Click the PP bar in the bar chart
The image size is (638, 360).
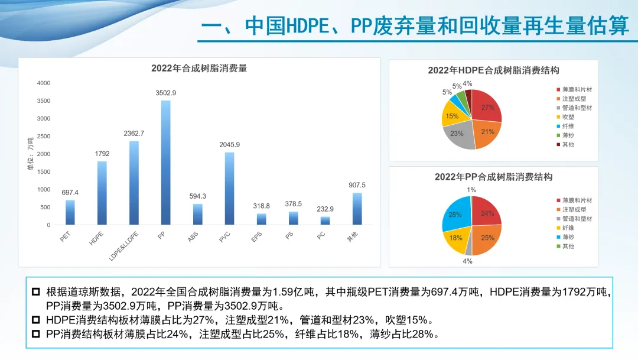166,163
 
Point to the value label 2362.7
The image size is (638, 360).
134,134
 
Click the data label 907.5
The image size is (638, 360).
357,185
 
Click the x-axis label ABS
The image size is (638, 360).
193,237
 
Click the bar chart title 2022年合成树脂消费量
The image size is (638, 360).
199,68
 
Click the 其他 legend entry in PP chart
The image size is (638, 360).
568,246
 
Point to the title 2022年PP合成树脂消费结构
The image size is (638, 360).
493,177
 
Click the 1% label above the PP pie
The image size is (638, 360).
471,190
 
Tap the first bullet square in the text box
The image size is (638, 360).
37,291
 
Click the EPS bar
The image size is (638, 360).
261,219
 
